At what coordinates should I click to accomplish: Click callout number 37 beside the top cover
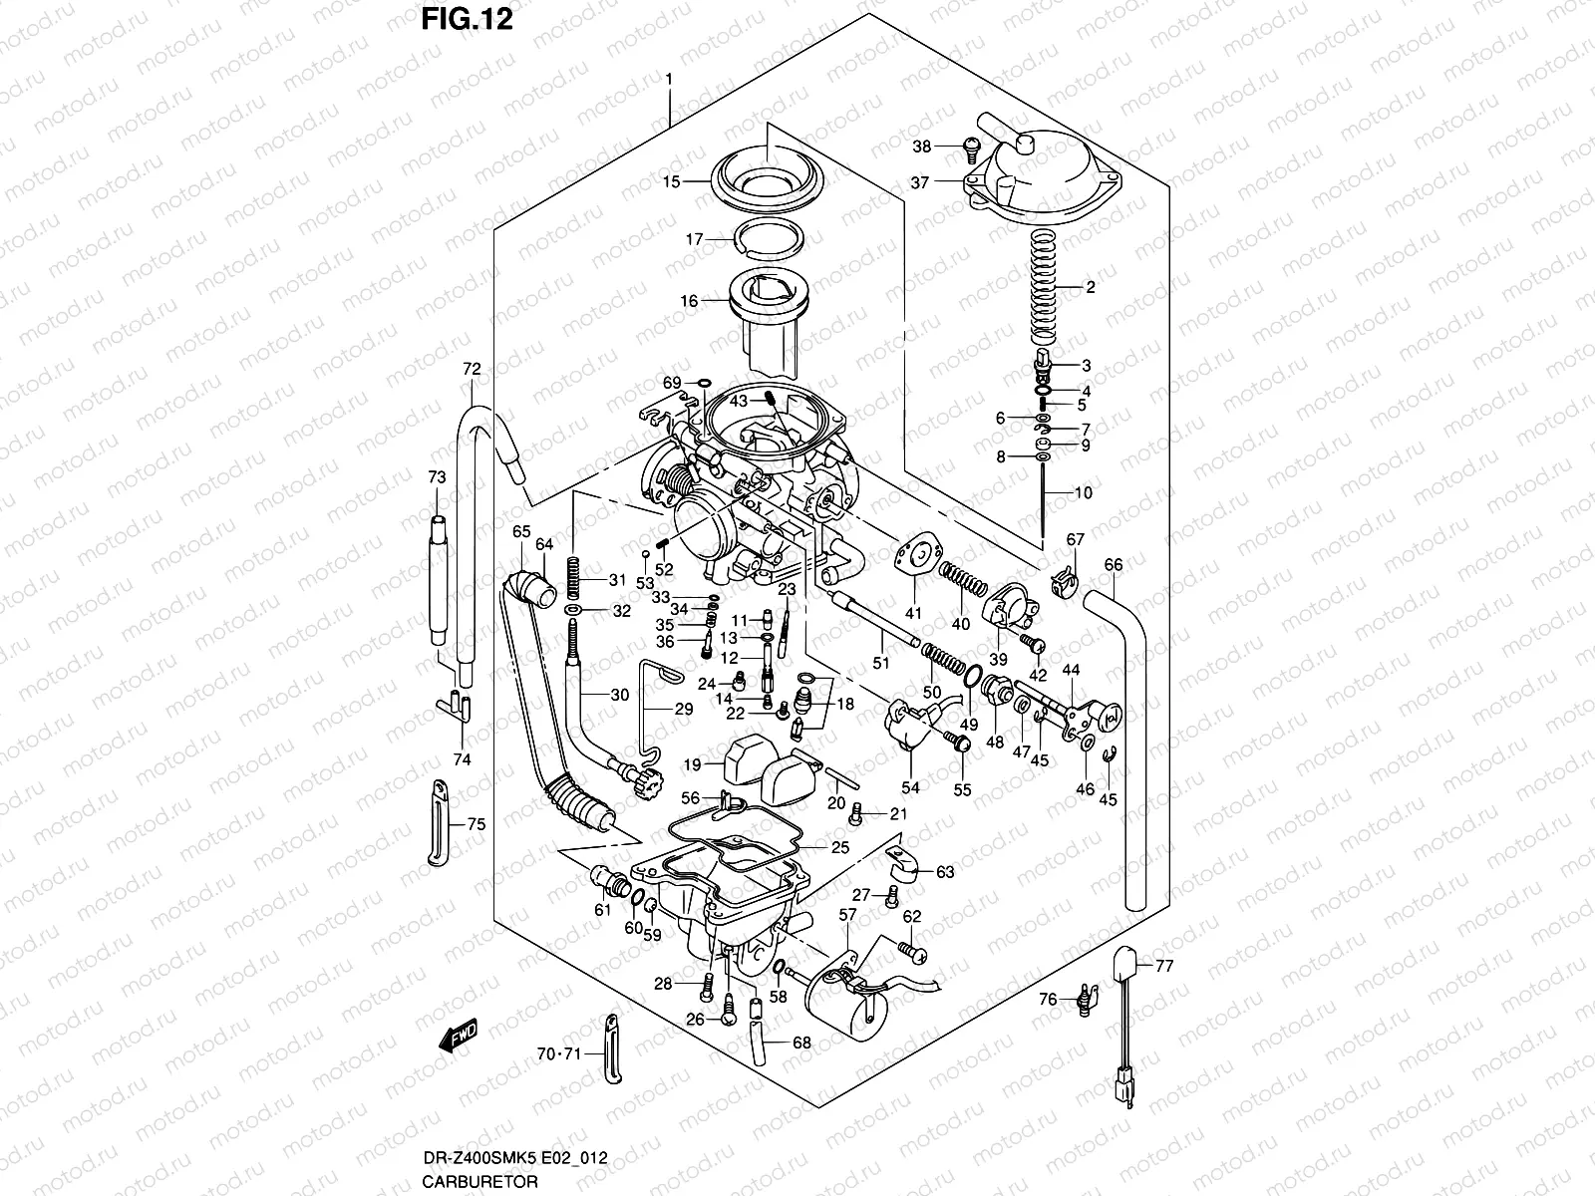point(919,182)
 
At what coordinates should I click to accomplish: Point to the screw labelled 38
point(968,149)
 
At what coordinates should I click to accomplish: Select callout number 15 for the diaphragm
point(699,181)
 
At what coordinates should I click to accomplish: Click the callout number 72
point(472,369)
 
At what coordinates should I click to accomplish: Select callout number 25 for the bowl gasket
point(839,848)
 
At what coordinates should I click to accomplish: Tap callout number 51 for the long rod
point(880,664)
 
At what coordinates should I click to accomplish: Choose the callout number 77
point(1165,965)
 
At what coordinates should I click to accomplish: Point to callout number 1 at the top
point(669,79)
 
